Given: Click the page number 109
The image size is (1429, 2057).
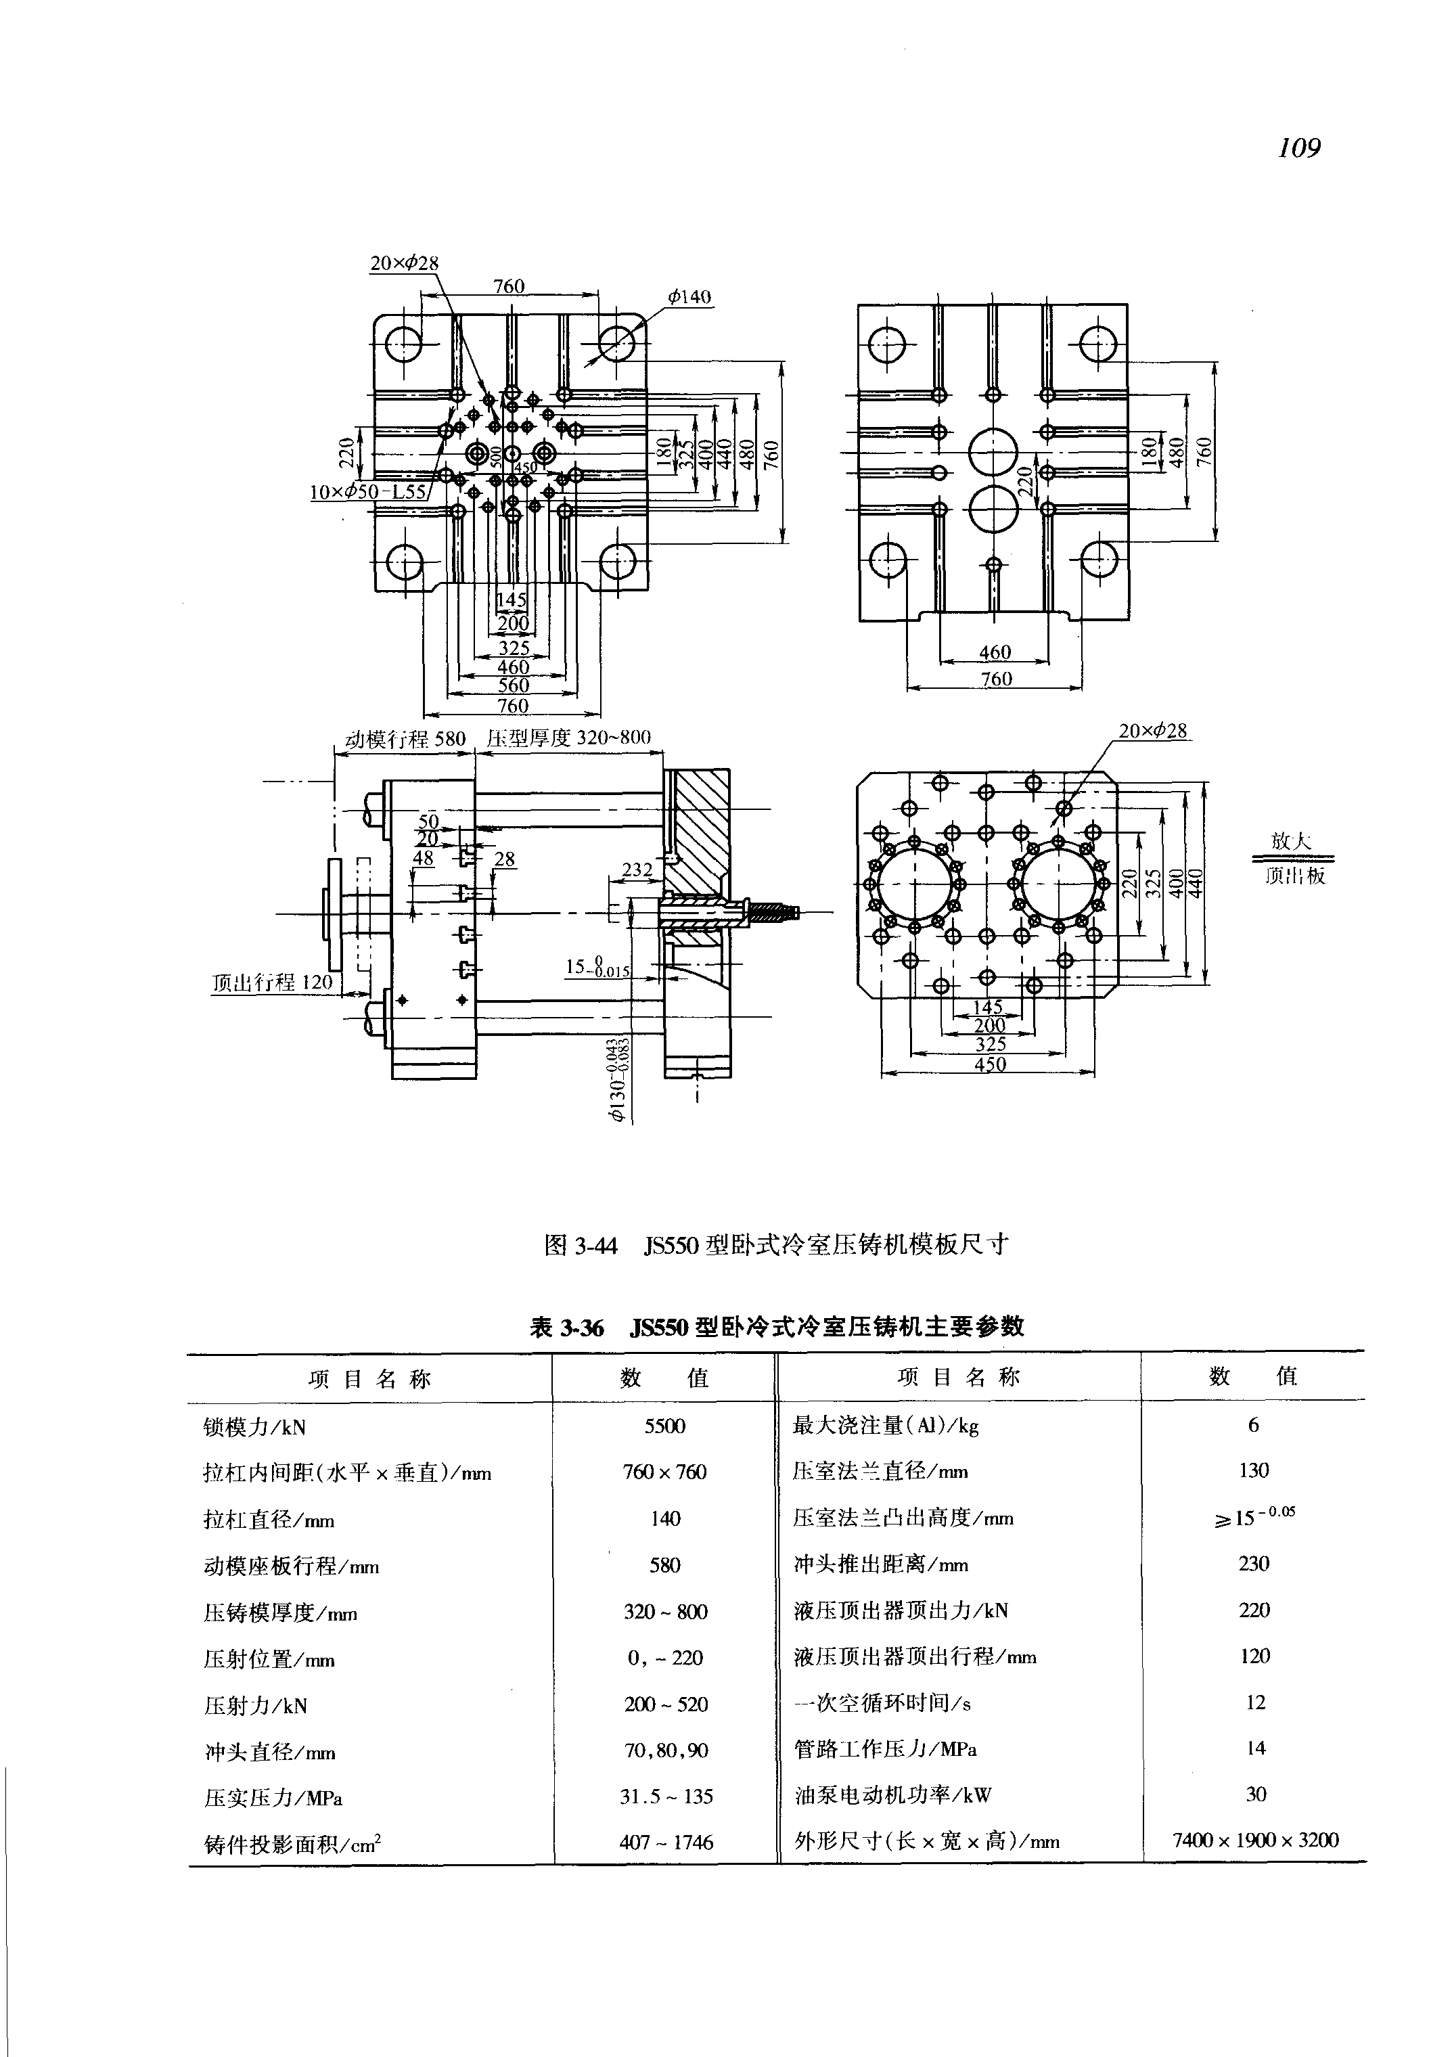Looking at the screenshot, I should click(x=1299, y=147).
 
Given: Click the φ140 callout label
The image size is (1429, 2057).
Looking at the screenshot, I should click(x=689, y=296).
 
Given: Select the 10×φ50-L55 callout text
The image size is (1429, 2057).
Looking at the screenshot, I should click(x=369, y=492).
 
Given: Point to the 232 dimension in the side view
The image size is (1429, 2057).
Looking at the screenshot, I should click(x=637, y=869).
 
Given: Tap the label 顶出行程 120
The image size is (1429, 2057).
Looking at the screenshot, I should click(x=272, y=982).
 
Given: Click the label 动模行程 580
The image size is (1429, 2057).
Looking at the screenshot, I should click(x=405, y=739).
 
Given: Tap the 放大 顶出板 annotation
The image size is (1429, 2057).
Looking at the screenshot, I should click(x=1293, y=858).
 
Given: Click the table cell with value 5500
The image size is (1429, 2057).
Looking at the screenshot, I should click(x=664, y=1426).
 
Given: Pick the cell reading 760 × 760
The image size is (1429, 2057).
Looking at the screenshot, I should click(x=664, y=1472).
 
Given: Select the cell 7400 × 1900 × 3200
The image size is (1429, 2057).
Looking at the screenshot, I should click(x=1255, y=1840).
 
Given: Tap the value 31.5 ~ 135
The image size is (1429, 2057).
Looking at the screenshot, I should click(x=665, y=1796).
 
